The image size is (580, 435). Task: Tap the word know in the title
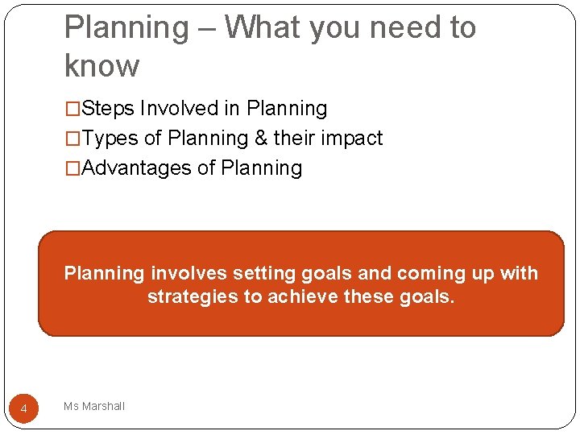pyautogui.click(x=101, y=66)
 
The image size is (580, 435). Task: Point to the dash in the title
pyautogui.click(x=205, y=29)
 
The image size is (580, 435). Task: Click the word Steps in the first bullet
pyautogui.click(x=109, y=109)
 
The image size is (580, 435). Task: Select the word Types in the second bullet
pyautogui.click(x=110, y=139)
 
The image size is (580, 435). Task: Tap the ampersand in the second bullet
pyautogui.click(x=260, y=139)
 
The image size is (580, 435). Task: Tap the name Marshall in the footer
pyautogui.click(x=103, y=407)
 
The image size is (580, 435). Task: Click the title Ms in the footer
pyautogui.click(x=71, y=407)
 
